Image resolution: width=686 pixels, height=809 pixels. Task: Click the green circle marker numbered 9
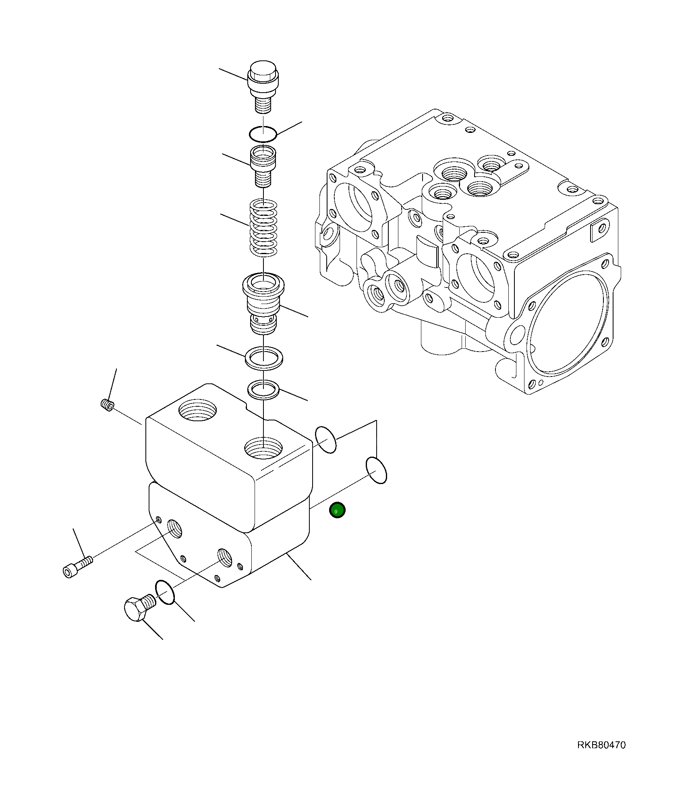(x=337, y=511)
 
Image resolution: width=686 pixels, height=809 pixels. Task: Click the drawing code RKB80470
(x=601, y=745)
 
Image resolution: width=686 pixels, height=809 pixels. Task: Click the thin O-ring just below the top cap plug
(x=263, y=134)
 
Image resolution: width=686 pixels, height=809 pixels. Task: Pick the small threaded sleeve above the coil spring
(x=263, y=166)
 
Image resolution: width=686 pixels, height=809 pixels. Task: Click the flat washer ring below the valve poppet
(x=264, y=358)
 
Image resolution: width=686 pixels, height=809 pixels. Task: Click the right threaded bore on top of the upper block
(x=263, y=448)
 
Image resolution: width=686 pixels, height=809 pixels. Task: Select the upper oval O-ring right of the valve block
(x=325, y=440)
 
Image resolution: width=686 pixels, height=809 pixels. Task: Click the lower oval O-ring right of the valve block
(x=376, y=470)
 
